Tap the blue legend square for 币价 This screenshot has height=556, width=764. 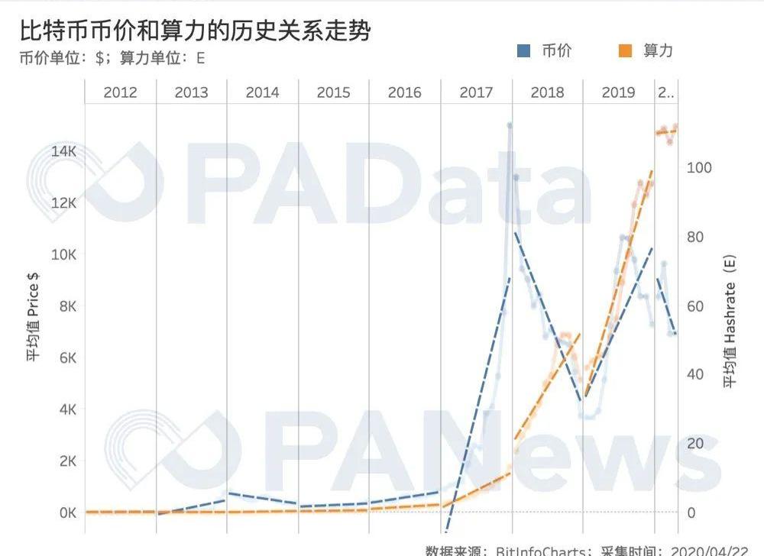(x=524, y=51)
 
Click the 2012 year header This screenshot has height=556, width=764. (x=120, y=92)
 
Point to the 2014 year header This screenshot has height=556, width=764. (x=262, y=92)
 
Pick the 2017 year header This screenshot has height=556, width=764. (x=476, y=92)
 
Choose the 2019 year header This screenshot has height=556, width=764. (x=618, y=92)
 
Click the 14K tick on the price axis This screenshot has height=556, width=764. (x=63, y=151)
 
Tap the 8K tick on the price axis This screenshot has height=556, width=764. (x=66, y=306)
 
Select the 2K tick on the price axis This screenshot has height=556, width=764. (x=66, y=461)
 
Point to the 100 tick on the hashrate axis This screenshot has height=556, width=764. (x=700, y=168)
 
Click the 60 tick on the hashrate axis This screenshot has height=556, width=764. (x=696, y=306)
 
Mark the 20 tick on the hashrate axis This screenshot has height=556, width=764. (x=696, y=444)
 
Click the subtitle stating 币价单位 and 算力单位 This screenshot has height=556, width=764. (x=112, y=58)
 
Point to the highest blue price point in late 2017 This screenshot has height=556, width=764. (x=510, y=125)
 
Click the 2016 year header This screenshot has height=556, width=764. (x=404, y=92)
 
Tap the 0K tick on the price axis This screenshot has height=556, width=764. (x=66, y=512)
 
